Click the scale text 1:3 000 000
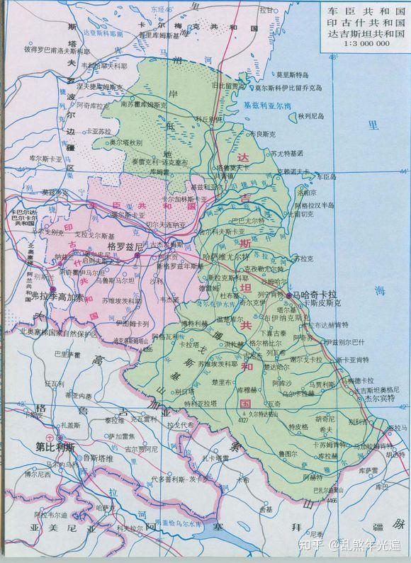point(359,45)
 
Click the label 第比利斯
point(55,448)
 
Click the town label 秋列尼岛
point(310,115)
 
